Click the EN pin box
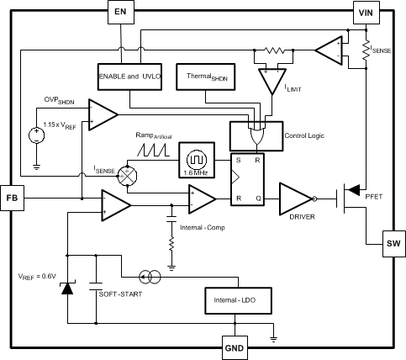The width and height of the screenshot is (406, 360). click(121, 12)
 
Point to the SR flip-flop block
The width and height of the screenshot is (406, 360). click(250, 179)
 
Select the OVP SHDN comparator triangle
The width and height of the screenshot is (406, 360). click(103, 114)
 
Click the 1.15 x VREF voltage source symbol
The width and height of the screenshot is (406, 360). click(36, 135)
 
